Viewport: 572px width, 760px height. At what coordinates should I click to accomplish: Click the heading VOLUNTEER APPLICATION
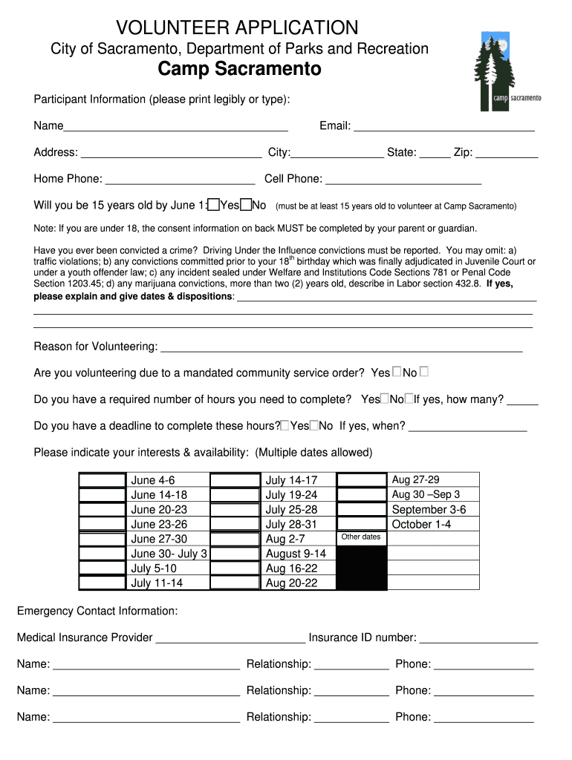pos(237,28)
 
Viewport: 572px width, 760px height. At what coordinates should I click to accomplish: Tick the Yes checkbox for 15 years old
pos(213,205)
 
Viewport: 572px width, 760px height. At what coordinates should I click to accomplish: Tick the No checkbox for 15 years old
pos(245,205)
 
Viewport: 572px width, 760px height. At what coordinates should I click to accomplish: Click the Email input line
pos(443,127)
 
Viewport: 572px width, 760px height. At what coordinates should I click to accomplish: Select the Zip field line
pos(507,154)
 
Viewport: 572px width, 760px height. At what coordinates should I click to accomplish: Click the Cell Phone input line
pos(403,180)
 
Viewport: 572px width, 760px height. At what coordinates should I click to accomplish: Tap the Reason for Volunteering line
pos(341,347)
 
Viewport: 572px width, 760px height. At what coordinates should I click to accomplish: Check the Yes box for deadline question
pos(285,425)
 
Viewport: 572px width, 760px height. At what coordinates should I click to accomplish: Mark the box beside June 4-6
pos(103,479)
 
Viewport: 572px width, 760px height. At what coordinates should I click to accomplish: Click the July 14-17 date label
pos(291,480)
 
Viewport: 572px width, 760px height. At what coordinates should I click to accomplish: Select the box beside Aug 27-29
pos(361,479)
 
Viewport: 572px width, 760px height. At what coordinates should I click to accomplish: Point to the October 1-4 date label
pos(421,524)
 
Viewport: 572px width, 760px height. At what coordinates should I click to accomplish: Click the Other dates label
pos(360,537)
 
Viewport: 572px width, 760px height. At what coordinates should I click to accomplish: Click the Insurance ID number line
pos(478,638)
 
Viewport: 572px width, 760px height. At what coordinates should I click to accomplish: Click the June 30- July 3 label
pos(169,554)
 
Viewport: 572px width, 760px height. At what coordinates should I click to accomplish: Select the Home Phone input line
pos(180,180)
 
